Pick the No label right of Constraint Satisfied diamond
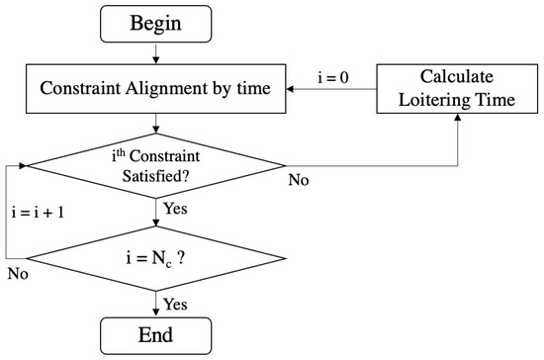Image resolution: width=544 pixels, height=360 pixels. (x=299, y=181)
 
